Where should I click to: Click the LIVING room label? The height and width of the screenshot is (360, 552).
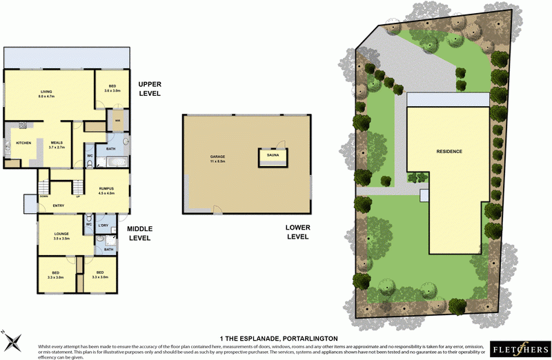pos(47,92)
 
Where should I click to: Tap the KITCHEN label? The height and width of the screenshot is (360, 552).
pos(23,143)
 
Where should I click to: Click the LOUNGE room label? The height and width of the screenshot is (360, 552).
pos(61,235)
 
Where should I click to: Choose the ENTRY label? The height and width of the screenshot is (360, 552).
pos(59,205)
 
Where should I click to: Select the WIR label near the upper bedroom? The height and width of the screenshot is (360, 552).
pos(117,120)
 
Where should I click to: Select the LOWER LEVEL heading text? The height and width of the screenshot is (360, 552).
pos(297,232)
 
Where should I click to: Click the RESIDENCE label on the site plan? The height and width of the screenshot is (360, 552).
pos(448,151)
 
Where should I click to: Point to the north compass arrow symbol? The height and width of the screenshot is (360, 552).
pos(12,339)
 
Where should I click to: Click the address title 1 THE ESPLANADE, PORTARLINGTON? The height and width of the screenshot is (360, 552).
pos(278,338)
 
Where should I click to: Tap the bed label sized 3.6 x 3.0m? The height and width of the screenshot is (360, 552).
pos(112,89)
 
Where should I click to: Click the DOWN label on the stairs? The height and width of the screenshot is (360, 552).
pos(43,196)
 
